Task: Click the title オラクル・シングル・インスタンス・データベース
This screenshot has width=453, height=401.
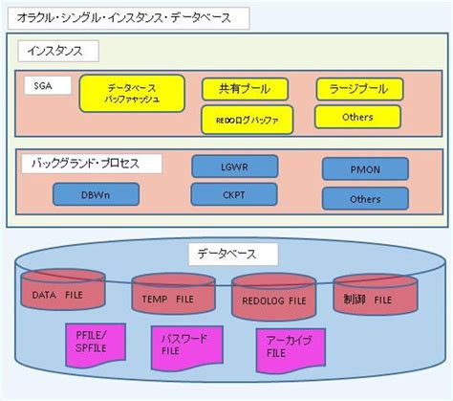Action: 131,17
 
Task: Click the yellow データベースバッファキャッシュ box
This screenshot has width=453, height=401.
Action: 133,92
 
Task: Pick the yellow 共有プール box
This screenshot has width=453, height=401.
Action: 244,88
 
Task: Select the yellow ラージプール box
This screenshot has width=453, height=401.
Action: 358,89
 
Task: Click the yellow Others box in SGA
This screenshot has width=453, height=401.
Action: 358,118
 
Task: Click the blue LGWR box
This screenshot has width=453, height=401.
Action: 233,166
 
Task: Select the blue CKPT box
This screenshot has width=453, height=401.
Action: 233,194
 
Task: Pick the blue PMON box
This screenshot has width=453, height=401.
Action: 365,169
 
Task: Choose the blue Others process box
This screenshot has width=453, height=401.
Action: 365,199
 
